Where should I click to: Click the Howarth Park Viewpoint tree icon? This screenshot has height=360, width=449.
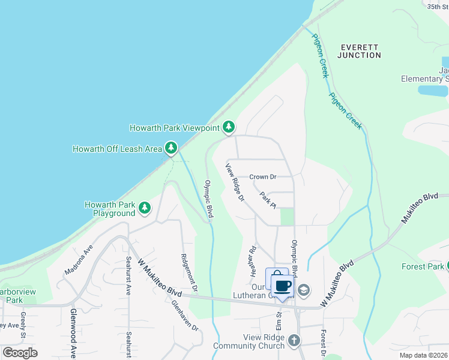click(228, 127)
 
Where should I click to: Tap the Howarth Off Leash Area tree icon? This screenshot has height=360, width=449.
click(171, 148)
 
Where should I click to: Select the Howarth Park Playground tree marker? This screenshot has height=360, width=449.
click(145, 208)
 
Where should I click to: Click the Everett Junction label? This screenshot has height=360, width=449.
click(359, 51)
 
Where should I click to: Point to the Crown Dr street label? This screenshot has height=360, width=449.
click(263, 177)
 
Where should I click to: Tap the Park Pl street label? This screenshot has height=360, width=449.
click(268, 200)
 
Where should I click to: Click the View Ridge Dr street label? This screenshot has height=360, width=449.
click(235, 182)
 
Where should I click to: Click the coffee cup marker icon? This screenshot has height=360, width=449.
click(283, 286)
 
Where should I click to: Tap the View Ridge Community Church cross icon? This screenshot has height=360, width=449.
click(294, 341)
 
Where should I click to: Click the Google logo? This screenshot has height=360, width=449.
click(20, 353)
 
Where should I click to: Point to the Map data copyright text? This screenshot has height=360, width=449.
click(424, 355)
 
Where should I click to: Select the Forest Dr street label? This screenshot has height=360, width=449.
click(323, 341)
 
